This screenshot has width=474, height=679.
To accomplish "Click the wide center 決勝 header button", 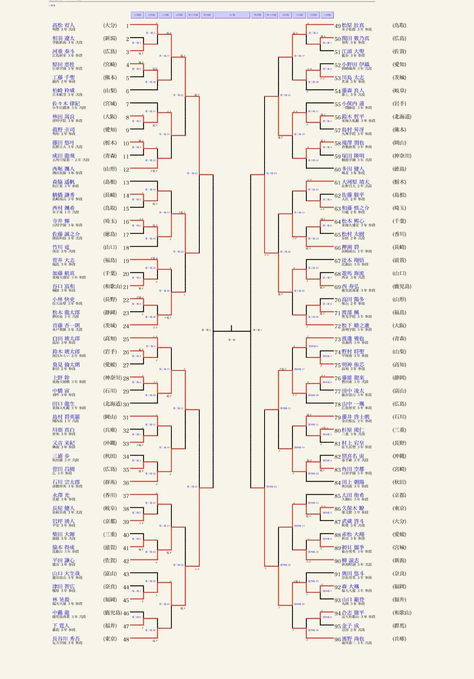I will pyautogui.click(x=232, y=15).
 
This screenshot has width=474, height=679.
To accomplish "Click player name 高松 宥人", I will pyautogui.click(x=64, y=25).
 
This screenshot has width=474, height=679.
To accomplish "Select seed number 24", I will pyautogui.click(x=126, y=326).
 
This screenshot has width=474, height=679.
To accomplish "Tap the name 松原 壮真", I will pyautogui.click(x=353, y=25).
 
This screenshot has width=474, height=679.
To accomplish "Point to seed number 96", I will pyautogui.click(x=337, y=639).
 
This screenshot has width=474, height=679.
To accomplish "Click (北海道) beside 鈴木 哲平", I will pyautogui.click(x=402, y=117).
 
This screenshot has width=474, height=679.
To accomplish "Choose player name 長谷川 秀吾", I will pyautogui.click(x=66, y=639).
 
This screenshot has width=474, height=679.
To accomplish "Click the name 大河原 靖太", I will pyautogui.click(x=355, y=182).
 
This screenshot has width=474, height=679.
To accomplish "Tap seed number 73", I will pyautogui.click(x=337, y=339).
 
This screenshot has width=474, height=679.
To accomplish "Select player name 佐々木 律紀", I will pyautogui.click(x=66, y=104).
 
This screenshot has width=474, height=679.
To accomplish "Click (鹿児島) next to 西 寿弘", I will pyautogui.click(x=402, y=286).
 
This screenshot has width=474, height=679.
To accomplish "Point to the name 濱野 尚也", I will pyautogui.click(x=353, y=639).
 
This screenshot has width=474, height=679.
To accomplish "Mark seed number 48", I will pyautogui.click(x=126, y=639).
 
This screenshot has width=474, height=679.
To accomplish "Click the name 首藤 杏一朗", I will pyautogui.click(x=66, y=326).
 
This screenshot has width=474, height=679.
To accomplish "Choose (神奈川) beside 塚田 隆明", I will pyautogui.click(x=402, y=156).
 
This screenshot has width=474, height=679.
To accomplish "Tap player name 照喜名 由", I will pyautogui.click(x=353, y=456).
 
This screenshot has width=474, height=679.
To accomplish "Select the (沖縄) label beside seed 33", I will pyautogui.click(x=110, y=443).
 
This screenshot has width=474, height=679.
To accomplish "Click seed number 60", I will pyautogui.click(x=337, y=169).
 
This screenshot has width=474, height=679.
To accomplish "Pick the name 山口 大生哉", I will pyautogui.click(x=66, y=573).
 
